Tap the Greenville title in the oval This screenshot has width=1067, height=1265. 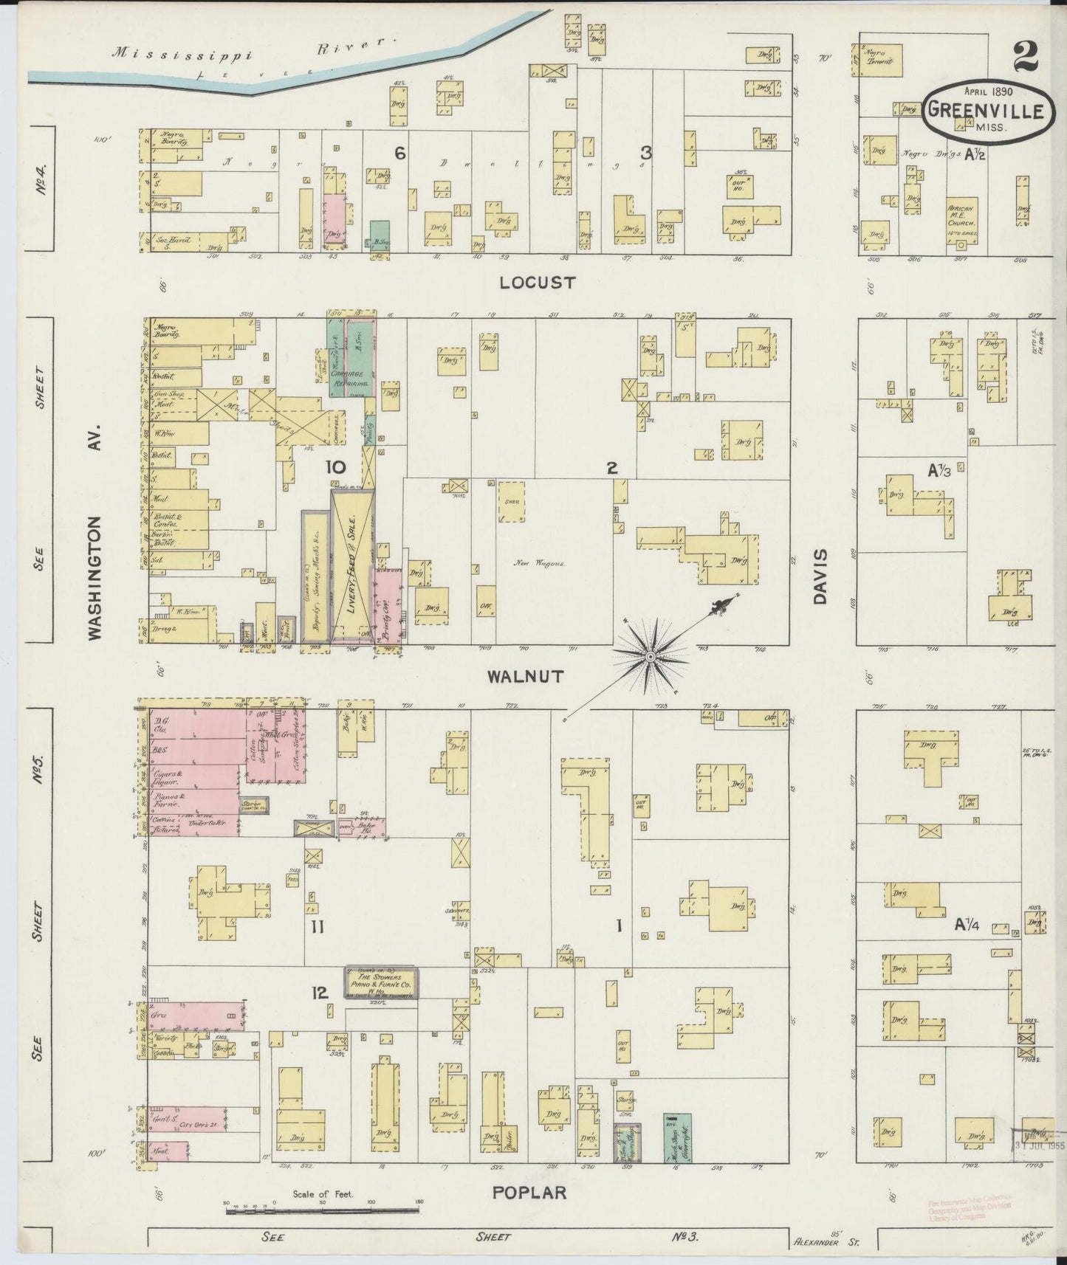tap(986, 111)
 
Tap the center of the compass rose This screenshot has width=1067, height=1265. tap(650, 656)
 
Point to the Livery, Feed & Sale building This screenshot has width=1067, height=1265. tap(352, 565)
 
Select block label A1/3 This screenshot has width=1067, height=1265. tap(939, 469)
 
